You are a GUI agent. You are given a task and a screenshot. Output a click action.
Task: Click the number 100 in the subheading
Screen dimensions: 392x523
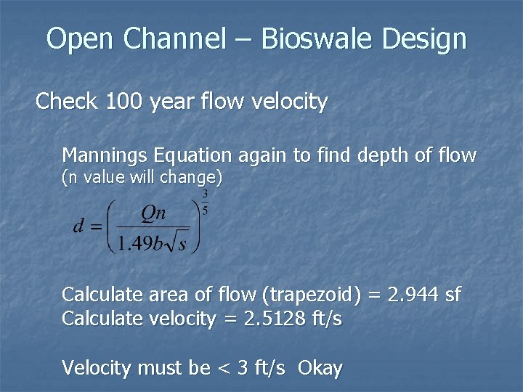point(124,102)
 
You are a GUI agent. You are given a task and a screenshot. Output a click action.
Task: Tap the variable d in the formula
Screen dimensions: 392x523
point(79,226)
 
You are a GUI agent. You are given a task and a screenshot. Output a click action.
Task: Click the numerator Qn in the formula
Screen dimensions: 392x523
point(153,213)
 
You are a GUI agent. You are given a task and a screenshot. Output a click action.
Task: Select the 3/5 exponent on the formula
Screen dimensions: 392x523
point(206,203)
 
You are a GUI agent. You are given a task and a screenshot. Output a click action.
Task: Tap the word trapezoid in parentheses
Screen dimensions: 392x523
point(315,295)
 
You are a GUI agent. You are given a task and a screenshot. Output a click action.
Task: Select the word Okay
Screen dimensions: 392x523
point(320,368)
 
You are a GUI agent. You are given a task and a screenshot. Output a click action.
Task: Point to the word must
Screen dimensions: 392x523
point(159,368)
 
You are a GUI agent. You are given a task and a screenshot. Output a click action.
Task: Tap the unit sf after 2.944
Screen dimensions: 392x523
point(452,295)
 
